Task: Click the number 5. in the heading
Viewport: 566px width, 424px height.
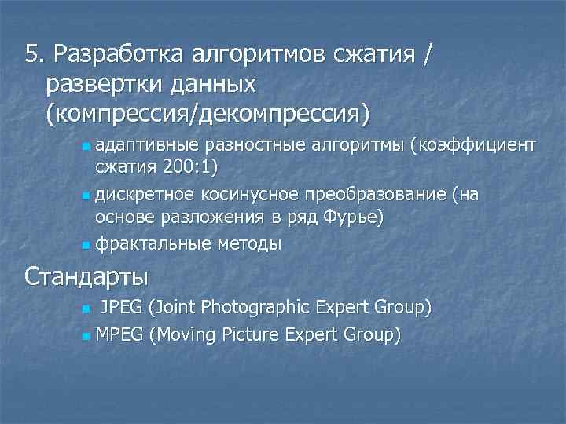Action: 34,54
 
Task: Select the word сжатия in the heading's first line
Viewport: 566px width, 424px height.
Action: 373,54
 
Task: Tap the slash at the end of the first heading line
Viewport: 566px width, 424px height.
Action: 428,54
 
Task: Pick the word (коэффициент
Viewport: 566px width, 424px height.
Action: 470,144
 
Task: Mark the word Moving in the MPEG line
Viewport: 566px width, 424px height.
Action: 194,335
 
